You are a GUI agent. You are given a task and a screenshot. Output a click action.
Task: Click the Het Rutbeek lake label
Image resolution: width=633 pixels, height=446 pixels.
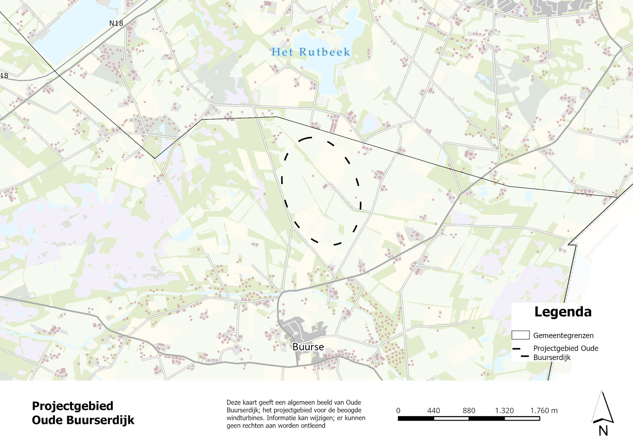coord(311,52)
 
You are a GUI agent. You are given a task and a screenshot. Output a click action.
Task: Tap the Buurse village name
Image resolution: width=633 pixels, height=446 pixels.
coord(308,347)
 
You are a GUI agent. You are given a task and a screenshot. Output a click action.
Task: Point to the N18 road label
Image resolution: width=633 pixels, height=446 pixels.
coord(116,23)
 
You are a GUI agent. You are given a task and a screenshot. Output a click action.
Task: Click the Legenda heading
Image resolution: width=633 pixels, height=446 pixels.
coord(562,312)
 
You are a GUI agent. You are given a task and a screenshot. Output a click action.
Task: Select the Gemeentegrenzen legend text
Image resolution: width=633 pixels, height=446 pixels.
coord(563,335)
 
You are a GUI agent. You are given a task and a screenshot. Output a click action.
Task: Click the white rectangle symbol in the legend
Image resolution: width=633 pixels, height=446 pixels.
coord(520,335)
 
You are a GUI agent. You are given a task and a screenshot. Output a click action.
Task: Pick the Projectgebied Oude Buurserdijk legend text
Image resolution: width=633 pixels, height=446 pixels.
coord(565,352)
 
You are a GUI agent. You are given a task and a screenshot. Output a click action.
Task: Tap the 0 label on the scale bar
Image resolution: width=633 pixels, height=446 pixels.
coord(398,410)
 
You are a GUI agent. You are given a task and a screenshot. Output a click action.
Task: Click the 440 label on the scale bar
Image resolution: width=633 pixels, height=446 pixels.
coord(433,410)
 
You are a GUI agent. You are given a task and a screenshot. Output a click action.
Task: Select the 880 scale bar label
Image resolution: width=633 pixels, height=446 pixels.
coord(469,410)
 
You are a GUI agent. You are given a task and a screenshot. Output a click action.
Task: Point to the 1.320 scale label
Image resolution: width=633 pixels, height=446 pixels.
coord(504,410)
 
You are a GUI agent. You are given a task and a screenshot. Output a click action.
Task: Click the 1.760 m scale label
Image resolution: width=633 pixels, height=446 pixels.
coord(543,410)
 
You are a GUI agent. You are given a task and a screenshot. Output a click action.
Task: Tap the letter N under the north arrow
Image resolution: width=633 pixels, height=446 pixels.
coord(603,431)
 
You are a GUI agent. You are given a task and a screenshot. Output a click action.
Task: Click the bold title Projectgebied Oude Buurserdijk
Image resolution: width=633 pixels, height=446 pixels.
coord(83,413)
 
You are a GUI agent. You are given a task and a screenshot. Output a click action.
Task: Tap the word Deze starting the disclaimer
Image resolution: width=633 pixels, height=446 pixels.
coord(234,402)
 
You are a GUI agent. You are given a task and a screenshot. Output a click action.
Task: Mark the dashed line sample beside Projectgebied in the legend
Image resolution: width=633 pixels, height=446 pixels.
coord(520,352)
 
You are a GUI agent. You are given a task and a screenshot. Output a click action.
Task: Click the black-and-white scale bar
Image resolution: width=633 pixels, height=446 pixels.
coord(468,418)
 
